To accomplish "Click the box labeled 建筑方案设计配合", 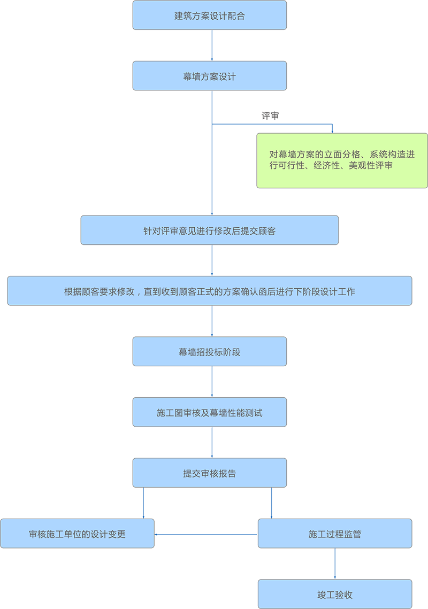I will (209, 15).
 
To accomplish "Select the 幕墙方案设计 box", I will (209, 76).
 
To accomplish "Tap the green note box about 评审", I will (342, 160).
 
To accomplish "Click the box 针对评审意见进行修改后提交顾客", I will (209, 230).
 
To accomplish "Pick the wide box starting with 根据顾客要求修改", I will (209, 291).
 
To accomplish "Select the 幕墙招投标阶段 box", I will (209, 352).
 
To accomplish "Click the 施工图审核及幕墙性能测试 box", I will (209, 412).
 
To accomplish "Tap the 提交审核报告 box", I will (209, 473).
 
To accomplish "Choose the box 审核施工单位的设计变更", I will (77, 534).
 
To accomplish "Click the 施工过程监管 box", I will (335, 534).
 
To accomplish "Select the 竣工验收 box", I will (335, 595).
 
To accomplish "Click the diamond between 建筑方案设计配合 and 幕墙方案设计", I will (212, 45).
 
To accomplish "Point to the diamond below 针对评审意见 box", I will (212, 260).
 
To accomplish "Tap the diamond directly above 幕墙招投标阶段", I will (212, 321).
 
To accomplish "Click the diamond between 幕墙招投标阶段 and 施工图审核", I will (212, 382).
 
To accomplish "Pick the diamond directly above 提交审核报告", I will (212, 443).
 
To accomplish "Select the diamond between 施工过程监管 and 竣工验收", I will (335, 564).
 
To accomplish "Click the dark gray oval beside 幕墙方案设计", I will (270, 111).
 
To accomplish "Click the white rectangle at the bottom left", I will (98, 590).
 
